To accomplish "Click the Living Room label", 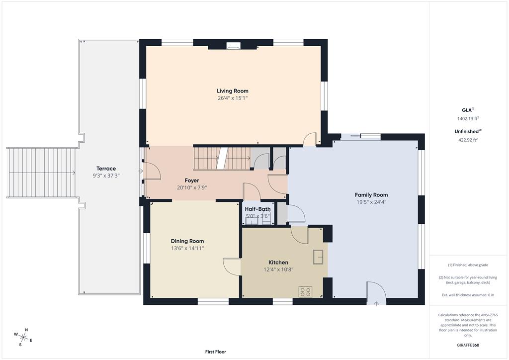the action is point(233,91).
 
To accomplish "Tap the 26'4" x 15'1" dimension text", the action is point(233,98).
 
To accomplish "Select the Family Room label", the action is point(371,195).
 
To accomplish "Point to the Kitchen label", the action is point(278,262).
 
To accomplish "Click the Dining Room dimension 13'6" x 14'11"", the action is point(187,248).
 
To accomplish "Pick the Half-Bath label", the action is point(258,209).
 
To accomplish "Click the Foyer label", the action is point(192,180).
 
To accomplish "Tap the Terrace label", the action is point(106,169).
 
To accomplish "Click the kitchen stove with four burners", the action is point(306,292).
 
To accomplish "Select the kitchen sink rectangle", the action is point(318,257).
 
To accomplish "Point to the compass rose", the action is point(23,337).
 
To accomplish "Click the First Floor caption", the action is point(216,352).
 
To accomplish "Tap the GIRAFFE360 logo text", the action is point(468,345).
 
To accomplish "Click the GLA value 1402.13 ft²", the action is point(468,118).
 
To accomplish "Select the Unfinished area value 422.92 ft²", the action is point(468,140).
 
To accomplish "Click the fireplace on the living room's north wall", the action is point(233,46).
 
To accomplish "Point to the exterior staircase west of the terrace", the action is point(41,173).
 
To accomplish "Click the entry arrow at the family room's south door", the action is point(376,304).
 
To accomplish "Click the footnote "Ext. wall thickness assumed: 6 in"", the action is point(468,295).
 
